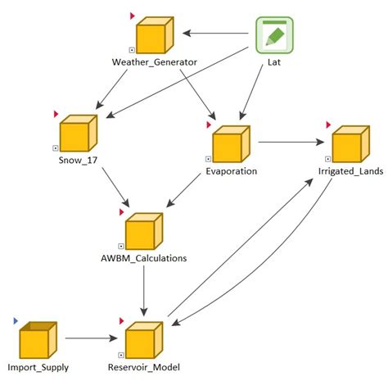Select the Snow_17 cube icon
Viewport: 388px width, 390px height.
tap(78, 133)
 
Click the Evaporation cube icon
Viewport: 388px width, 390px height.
tap(231, 144)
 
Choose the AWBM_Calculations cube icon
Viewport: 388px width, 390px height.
tap(142, 232)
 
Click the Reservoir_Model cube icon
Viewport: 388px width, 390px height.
tap(144, 340)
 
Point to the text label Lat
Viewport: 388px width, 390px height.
tap(275, 62)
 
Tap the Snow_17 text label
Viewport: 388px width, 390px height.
tap(78, 161)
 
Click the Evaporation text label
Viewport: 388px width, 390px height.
tap(232, 172)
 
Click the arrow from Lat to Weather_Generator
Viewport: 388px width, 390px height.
tap(215, 34)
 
